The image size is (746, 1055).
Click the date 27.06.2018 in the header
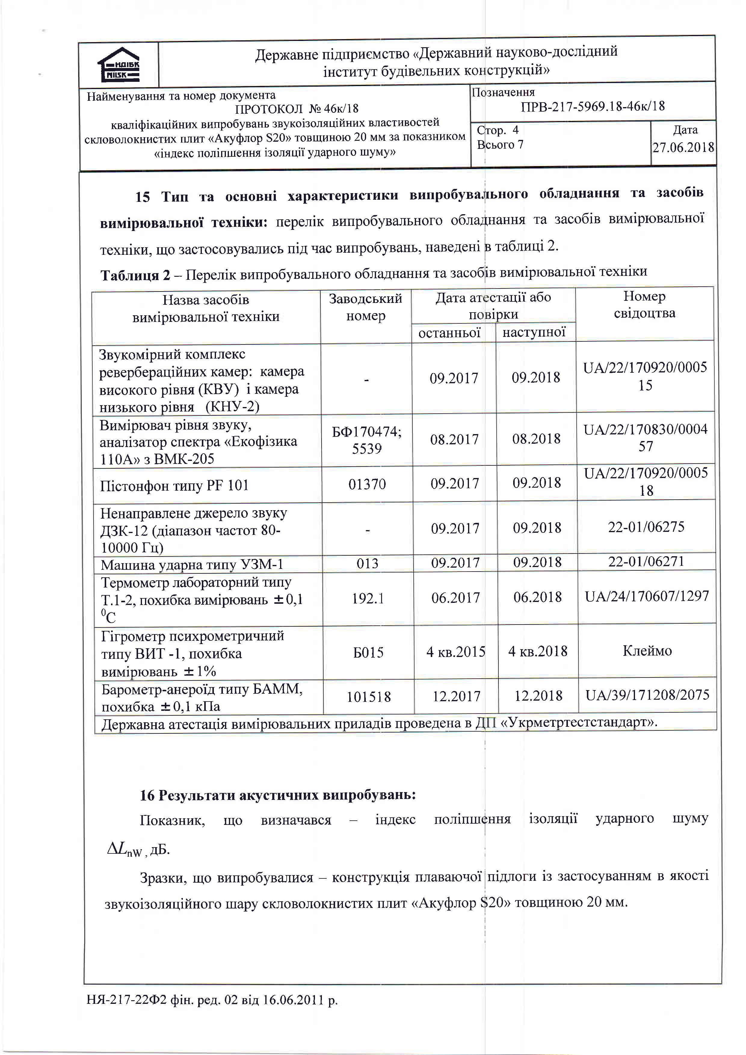pos(683,147)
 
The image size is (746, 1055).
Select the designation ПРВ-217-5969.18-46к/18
pos(593,106)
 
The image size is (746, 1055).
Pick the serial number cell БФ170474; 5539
pos(367,440)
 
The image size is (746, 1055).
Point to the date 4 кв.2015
pos(455,652)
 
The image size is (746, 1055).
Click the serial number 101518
pos(368,697)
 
